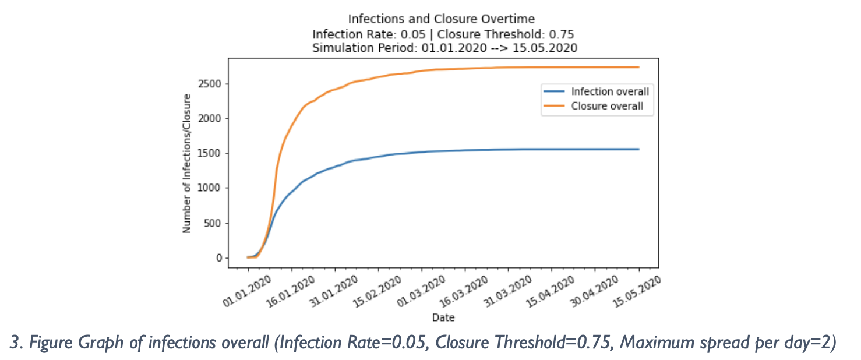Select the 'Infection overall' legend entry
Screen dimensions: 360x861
[x=609, y=91]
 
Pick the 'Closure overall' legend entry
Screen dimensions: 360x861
[x=607, y=106]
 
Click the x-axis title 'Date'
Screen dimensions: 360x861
[x=443, y=318]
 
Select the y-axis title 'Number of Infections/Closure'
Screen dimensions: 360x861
[x=187, y=163]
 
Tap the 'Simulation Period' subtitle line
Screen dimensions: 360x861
[x=444, y=48]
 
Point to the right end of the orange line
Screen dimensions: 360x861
[x=638, y=67]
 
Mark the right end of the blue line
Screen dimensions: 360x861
[x=638, y=149]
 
